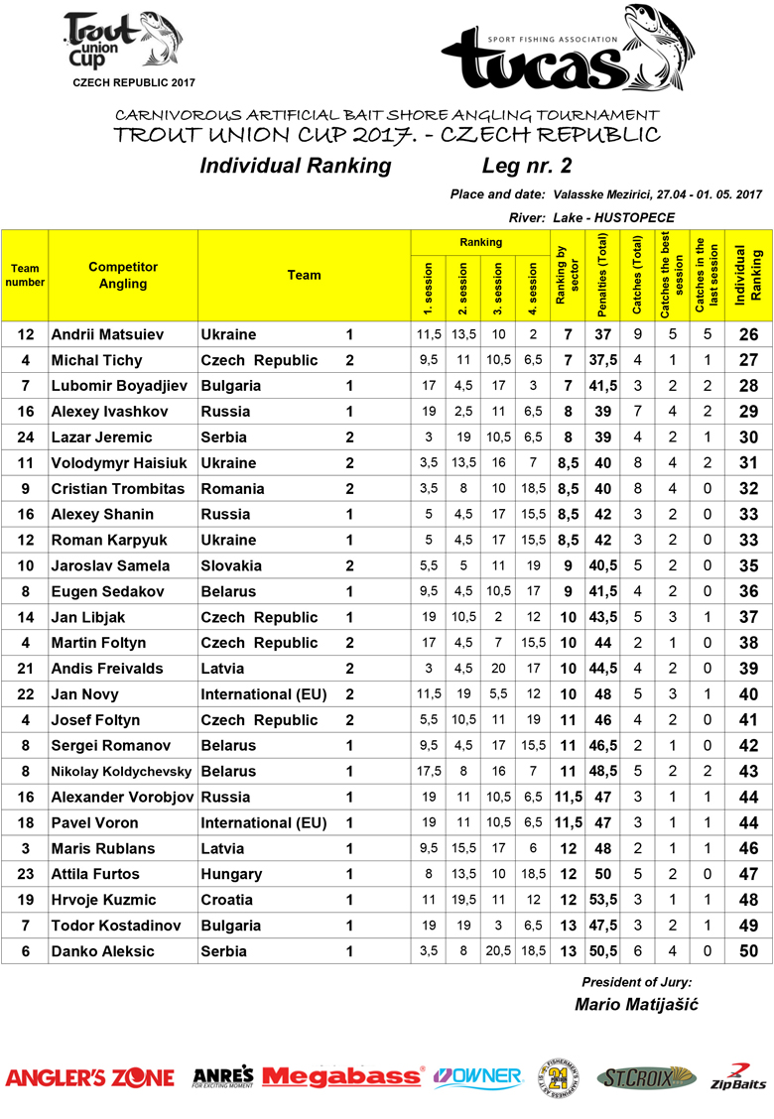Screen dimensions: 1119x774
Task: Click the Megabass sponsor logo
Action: pyautogui.click(x=343, y=1076)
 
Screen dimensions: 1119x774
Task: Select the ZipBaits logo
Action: pyautogui.click(x=737, y=1076)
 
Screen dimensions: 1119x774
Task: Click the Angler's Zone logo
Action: pyautogui.click(x=90, y=1077)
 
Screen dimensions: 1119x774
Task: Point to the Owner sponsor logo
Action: pyautogui.click(x=478, y=1076)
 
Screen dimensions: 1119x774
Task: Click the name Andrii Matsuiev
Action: pyautogui.click(x=107, y=335)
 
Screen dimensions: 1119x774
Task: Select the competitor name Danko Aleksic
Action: pyautogui.click(x=102, y=951)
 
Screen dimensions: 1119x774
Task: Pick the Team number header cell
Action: pyautogui.click(x=25, y=275)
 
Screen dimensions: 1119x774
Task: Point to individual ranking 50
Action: pyautogui.click(x=749, y=951)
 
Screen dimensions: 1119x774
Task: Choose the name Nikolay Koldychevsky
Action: pyautogui.click(x=123, y=771)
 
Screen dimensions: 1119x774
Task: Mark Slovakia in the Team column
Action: pyautogui.click(x=231, y=565)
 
